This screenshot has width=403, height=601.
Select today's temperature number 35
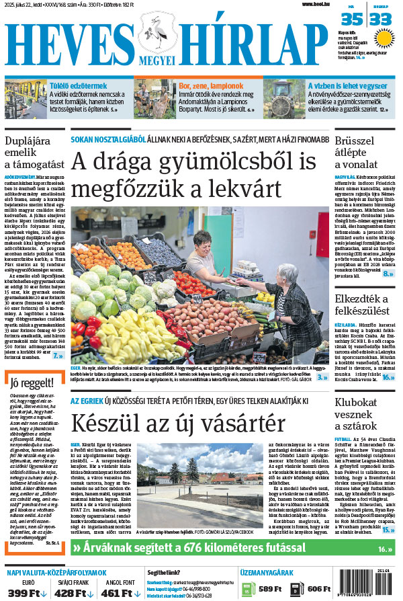click(352, 19)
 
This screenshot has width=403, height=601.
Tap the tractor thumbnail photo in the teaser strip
click(283, 98)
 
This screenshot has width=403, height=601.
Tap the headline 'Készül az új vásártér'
click(178, 424)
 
